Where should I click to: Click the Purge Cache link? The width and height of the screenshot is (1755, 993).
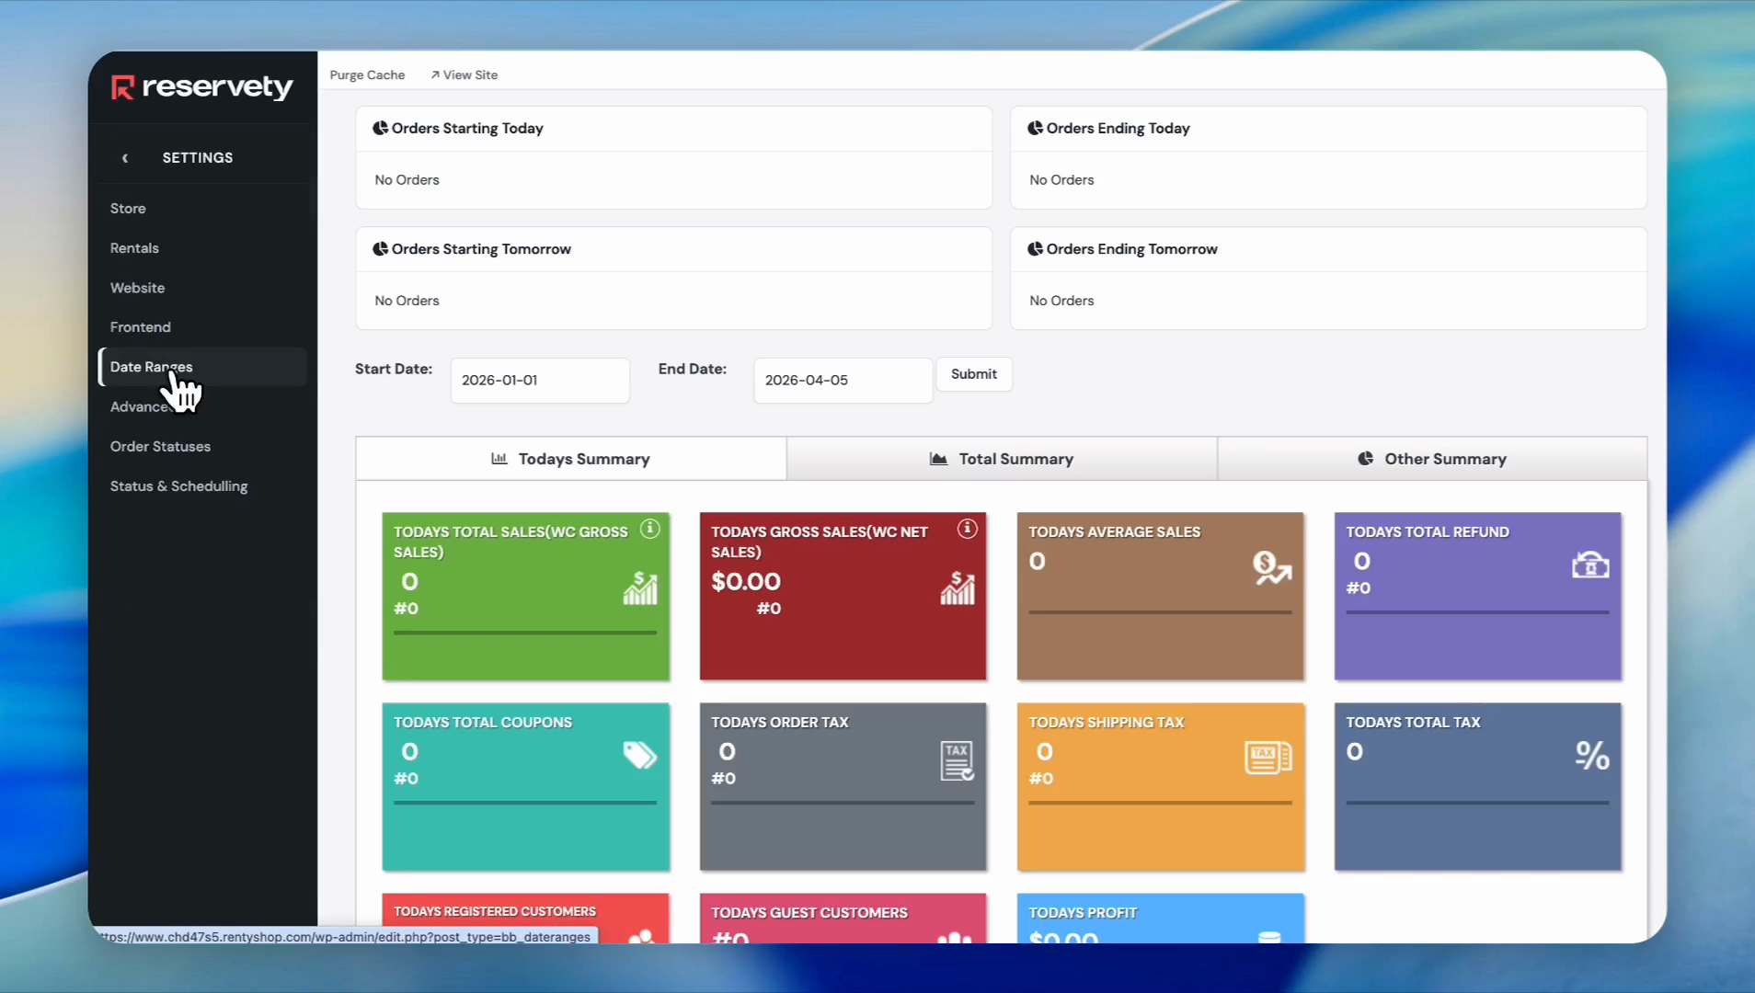click(x=367, y=75)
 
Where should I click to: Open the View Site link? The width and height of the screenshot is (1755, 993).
click(x=465, y=75)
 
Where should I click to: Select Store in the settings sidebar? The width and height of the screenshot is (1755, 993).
click(x=128, y=209)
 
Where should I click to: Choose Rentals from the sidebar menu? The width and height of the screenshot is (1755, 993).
click(x=134, y=248)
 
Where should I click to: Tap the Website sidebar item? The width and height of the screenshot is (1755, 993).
click(x=138, y=288)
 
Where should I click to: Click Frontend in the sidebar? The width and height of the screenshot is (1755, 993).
click(x=141, y=327)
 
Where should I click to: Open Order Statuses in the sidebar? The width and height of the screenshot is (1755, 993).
click(x=160, y=447)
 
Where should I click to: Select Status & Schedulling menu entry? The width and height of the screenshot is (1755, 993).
click(x=178, y=486)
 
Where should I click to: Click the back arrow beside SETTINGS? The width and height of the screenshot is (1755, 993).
click(x=125, y=158)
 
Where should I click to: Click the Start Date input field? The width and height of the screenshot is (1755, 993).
click(x=540, y=381)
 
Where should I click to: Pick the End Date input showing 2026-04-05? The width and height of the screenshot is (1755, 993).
click(x=843, y=381)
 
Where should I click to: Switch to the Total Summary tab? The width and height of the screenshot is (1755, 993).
click(x=1002, y=459)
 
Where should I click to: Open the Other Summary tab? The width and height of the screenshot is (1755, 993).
click(x=1432, y=459)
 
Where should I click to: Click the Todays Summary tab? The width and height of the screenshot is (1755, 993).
click(x=571, y=459)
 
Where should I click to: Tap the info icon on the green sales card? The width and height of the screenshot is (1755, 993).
click(x=650, y=529)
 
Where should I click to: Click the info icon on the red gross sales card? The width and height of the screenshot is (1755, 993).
click(x=967, y=529)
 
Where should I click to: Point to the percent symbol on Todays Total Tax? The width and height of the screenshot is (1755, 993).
click(x=1592, y=756)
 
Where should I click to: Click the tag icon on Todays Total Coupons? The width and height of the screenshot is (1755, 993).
click(x=639, y=755)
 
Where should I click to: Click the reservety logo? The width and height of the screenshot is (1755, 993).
click(x=202, y=87)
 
